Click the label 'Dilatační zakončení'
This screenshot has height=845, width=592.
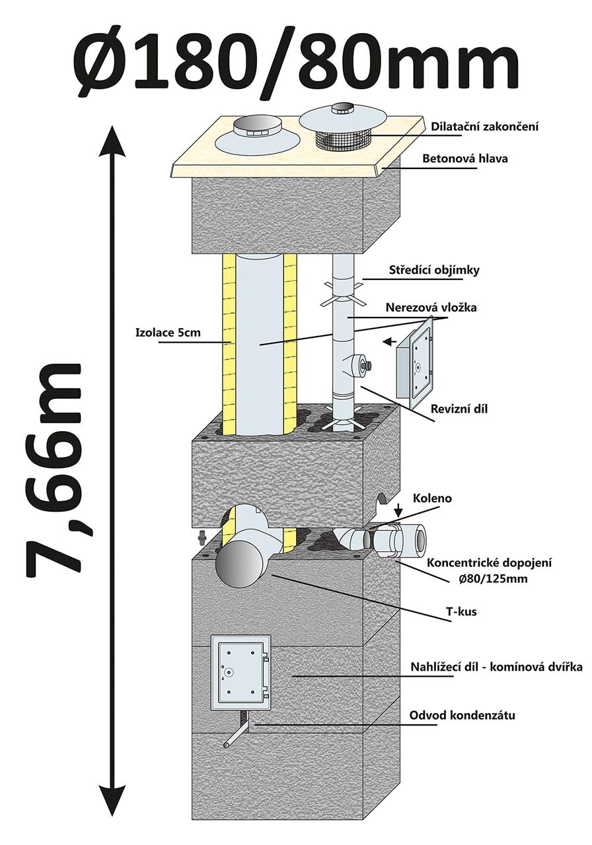pos(484,126)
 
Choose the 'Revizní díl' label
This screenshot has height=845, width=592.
pos(456,409)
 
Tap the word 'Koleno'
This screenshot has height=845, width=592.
pos(433,498)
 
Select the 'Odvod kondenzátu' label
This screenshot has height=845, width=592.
pos(462,715)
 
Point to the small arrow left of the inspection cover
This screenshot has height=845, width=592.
pos(390,342)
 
